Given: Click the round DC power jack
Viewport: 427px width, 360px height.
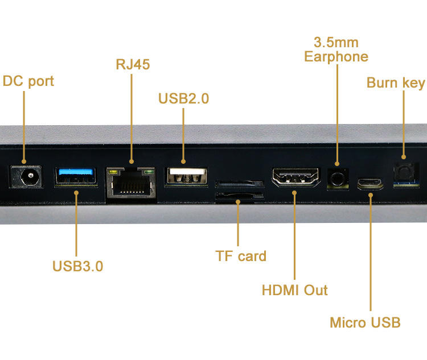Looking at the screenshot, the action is pyautogui.click(x=26, y=177).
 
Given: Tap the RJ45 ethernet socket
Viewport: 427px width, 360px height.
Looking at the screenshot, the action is pyautogui.click(x=131, y=183).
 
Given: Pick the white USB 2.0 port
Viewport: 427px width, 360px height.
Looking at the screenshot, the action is pyautogui.click(x=186, y=176).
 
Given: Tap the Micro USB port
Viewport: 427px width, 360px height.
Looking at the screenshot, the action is pyautogui.click(x=371, y=183).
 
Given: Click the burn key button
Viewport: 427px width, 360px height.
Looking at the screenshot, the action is pyautogui.click(x=404, y=171).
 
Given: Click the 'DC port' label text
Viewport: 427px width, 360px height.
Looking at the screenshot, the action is pyautogui.click(x=28, y=81).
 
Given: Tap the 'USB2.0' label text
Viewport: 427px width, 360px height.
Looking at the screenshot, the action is pyautogui.click(x=183, y=98).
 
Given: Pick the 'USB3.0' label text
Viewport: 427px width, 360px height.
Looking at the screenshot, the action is pyautogui.click(x=77, y=266).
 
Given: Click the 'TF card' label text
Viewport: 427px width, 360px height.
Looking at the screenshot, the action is pyautogui.click(x=241, y=256).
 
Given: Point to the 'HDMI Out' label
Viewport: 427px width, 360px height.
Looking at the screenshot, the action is pyautogui.click(x=294, y=290).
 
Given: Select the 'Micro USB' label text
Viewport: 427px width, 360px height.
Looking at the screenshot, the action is pyautogui.click(x=365, y=322).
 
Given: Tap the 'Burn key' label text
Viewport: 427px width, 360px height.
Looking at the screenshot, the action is pyautogui.click(x=396, y=83).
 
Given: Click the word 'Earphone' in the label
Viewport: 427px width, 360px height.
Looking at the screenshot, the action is pyautogui.click(x=336, y=57).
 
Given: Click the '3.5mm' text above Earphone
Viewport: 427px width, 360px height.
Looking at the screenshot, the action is pyautogui.click(x=336, y=43).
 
